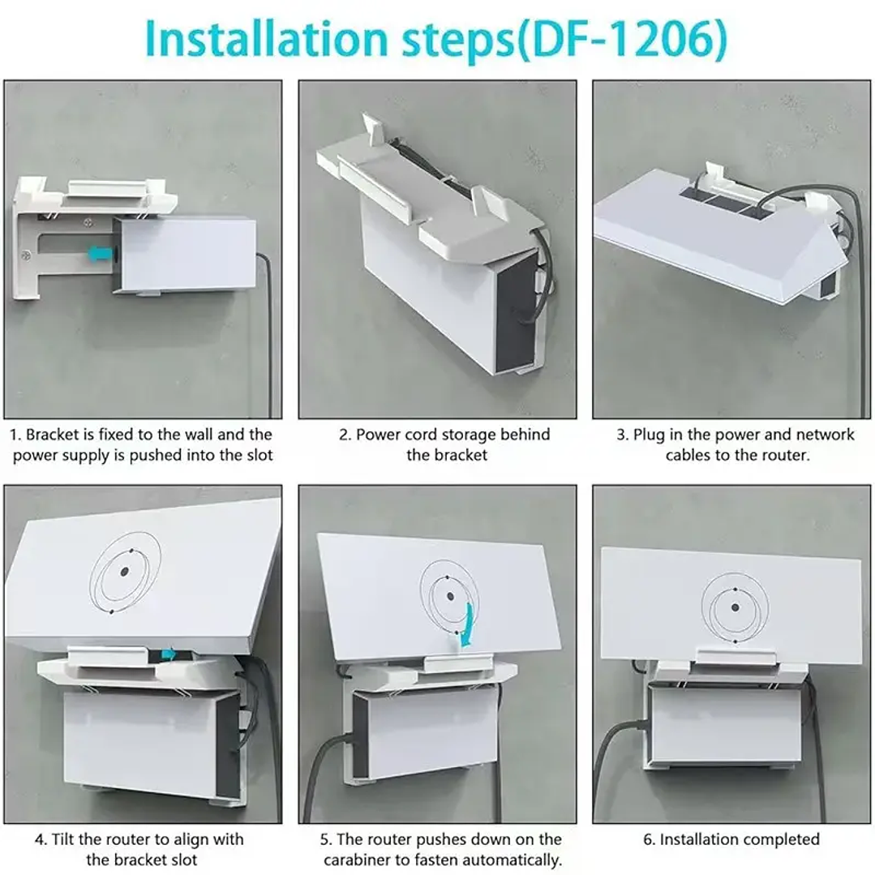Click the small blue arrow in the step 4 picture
(169, 654)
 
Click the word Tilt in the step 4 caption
(68, 839)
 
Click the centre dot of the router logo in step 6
(735, 607)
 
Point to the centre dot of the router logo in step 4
(124, 572)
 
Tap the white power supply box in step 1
(187, 254)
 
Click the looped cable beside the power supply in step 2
(542, 276)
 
